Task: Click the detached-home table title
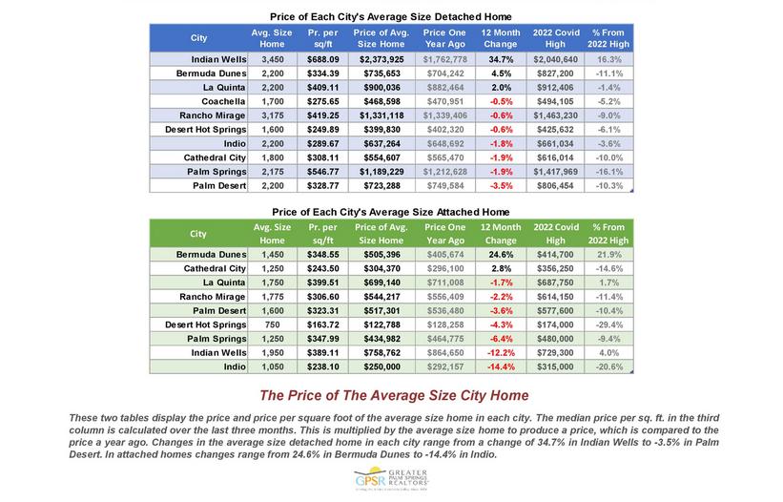(391, 17)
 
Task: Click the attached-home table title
(391, 211)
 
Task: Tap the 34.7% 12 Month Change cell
(501, 59)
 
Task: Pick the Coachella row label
(219, 100)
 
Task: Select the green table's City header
(198, 233)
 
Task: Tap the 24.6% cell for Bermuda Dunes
(501, 255)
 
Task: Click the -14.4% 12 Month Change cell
(501, 366)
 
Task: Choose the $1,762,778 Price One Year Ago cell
(444, 59)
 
